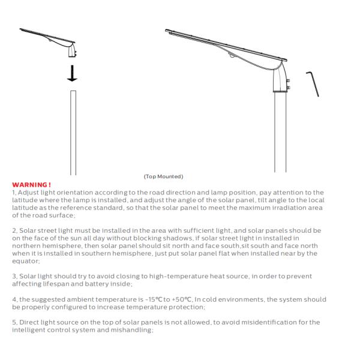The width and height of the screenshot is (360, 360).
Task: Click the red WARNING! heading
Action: click(x=31, y=185)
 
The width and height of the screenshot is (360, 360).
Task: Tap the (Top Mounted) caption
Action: click(x=163, y=176)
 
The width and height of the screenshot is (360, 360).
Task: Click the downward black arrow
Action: click(x=72, y=72)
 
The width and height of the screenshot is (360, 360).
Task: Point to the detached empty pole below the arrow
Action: click(x=73, y=132)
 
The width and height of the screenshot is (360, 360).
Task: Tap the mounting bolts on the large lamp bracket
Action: click(x=288, y=83)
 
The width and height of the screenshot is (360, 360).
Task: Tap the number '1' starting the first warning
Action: click(x=13, y=192)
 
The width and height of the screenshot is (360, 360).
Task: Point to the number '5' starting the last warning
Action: click(x=14, y=322)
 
